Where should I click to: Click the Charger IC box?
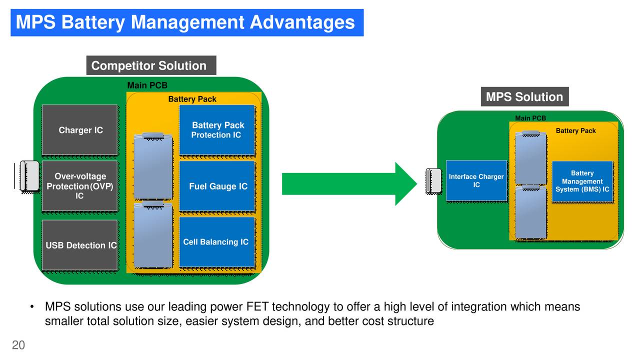coord(80,130)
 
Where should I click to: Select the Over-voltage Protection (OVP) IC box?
coord(80,186)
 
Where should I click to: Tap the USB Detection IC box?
coord(80,245)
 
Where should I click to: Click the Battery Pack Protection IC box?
coord(217,130)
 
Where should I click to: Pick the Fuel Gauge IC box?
coord(217,186)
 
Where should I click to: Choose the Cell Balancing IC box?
coord(217,242)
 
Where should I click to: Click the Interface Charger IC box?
coord(476,180)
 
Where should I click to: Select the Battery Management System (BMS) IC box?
coord(582,181)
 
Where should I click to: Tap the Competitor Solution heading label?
coord(151,65)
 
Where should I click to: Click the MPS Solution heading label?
coord(524,97)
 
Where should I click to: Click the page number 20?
coord(18,345)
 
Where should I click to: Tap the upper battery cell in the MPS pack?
coord(530,158)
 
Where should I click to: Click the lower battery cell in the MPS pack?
coord(530,212)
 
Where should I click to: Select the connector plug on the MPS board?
coord(433,180)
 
